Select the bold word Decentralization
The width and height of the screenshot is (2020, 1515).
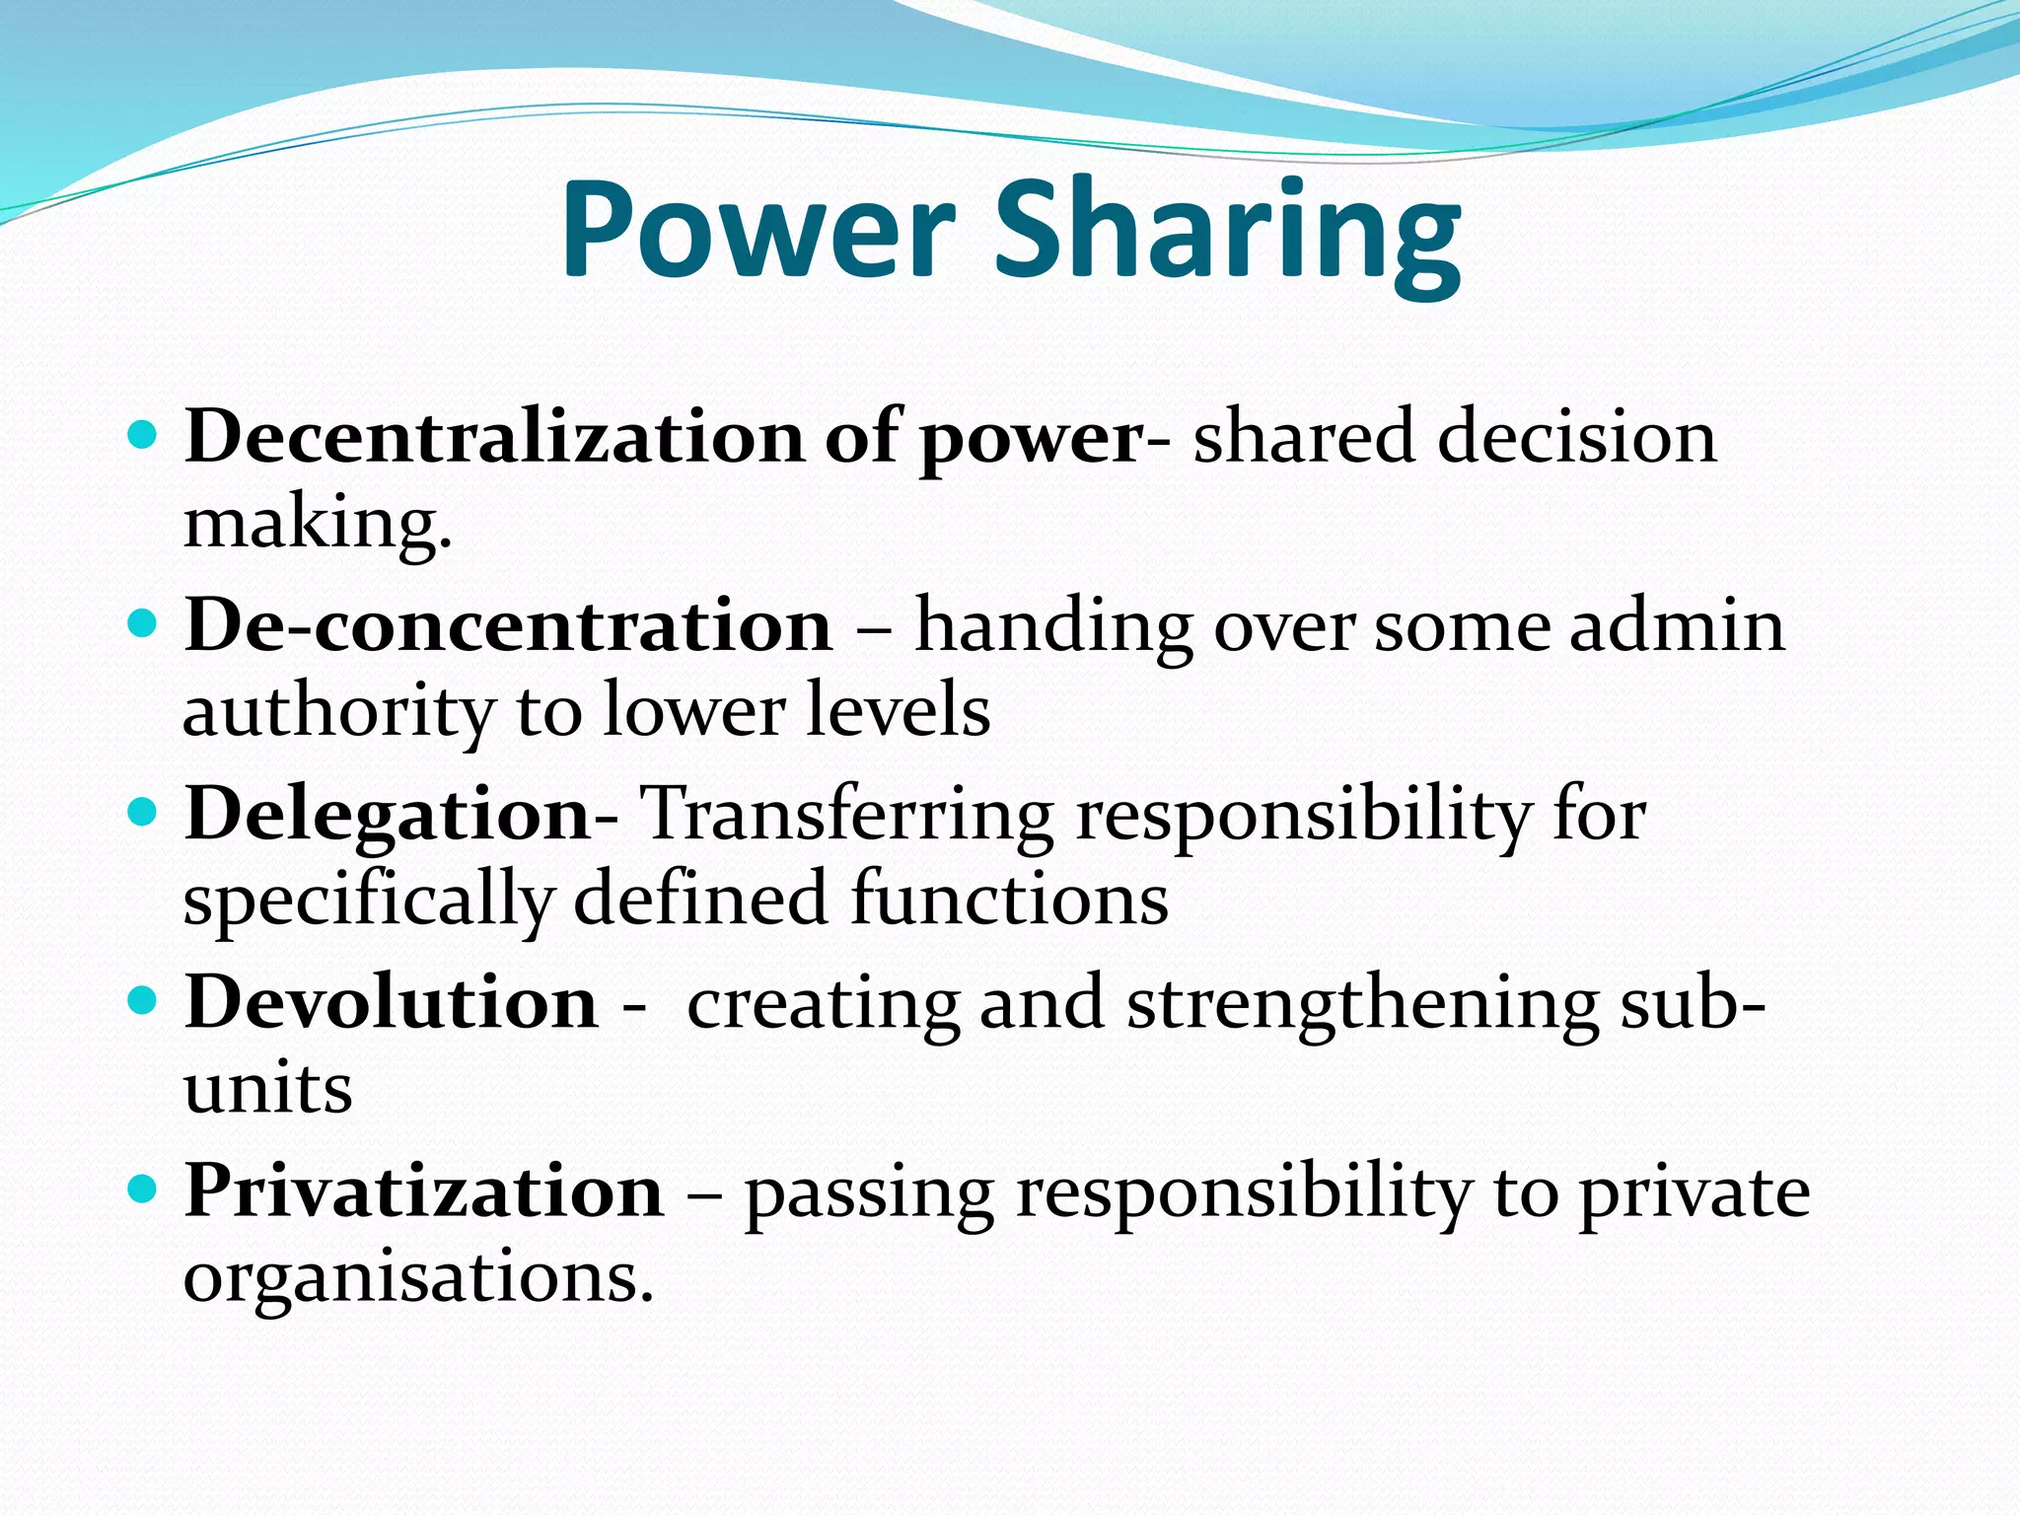tap(494, 436)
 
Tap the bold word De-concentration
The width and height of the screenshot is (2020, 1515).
tap(509, 625)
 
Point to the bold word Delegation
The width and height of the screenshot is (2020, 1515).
tap(388, 815)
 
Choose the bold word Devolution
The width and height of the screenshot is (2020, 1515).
tap(392, 1003)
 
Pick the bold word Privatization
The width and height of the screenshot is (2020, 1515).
tap(424, 1191)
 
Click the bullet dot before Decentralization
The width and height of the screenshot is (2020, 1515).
tap(143, 435)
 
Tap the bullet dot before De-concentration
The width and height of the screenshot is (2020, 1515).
tap(143, 624)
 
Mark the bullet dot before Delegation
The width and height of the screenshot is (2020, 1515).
tap(143, 814)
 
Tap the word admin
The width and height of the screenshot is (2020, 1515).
tap(1677, 625)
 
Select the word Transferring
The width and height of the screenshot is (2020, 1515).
tap(847, 815)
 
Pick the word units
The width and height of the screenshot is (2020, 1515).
tap(268, 1089)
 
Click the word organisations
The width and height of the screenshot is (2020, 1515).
tap(418, 1277)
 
